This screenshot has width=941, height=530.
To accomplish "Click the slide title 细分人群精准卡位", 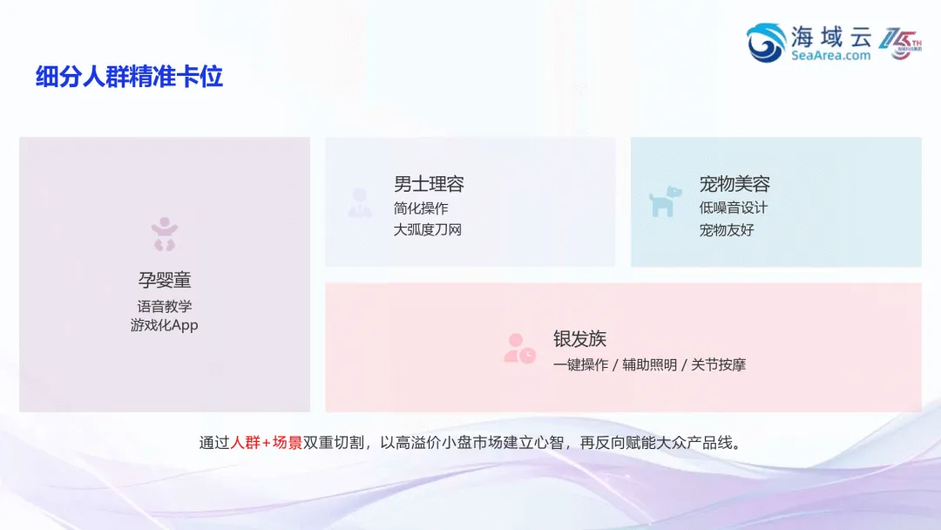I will point(129,77).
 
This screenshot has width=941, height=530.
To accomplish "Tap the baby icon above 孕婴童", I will point(164,234).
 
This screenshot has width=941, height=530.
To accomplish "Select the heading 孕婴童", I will point(164,280).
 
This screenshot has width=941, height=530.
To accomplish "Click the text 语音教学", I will point(164,306).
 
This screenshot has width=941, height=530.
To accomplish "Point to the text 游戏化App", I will point(164,325).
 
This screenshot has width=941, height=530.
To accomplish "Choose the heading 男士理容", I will point(429,184).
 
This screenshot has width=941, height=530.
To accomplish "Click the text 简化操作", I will point(421,208).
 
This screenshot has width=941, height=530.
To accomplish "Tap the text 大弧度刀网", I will point(428,230).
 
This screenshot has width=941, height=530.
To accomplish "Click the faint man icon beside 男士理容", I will point(360,202).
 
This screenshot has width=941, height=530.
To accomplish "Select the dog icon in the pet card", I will point(665,202).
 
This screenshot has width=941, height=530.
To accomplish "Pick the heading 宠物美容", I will point(735,184).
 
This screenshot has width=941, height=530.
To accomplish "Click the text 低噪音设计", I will point(734,208).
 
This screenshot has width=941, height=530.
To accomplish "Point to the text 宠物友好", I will point(727,230).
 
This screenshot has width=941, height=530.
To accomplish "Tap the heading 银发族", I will point(579,339).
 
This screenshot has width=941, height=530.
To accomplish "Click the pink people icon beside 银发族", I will point(519,349).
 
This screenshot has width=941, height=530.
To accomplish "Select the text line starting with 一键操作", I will point(649,364).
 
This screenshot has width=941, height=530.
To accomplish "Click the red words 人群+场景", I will point(267,442).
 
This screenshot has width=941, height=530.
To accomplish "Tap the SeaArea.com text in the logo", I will point(830,55).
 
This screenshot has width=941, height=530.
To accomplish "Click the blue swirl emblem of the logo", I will point(766,43).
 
